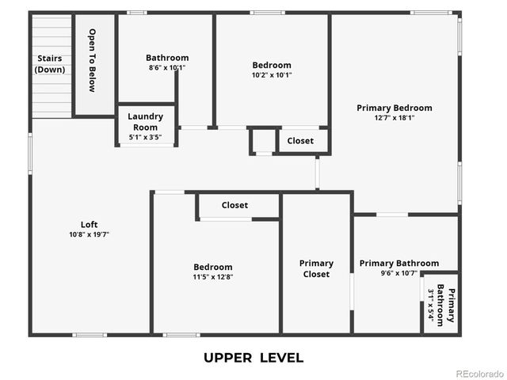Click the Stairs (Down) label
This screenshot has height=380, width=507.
click(49, 64)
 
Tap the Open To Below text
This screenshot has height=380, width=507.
click(92, 60)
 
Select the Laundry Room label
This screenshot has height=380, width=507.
click(146, 121)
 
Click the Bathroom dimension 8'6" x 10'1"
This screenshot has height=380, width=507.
click(167, 68)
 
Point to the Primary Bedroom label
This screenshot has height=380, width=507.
click(394, 108)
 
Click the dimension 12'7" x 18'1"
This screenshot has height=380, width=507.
click(394, 118)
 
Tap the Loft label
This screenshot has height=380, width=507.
click(90, 223)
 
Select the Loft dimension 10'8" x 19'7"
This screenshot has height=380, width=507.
click(90, 234)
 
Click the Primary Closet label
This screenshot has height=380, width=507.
click(316, 268)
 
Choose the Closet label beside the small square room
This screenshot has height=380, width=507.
click(300, 141)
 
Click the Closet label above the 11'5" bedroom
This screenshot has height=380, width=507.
click(234, 205)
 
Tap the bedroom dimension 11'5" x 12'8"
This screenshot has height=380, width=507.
click(213, 277)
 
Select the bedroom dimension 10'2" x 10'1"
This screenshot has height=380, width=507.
click(272, 75)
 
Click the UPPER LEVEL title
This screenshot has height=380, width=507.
click(253, 358)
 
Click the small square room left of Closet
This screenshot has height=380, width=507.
click(261, 140)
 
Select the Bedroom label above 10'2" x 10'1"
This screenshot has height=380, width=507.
click(272, 65)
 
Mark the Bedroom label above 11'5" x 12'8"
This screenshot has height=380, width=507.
click(213, 267)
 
